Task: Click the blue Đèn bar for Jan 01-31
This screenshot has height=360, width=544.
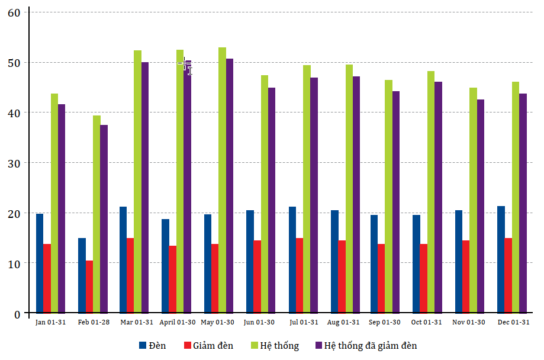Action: (40, 263)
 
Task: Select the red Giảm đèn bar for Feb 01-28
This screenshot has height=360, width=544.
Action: (89, 287)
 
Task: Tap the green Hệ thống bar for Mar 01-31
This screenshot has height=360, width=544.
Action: (137, 181)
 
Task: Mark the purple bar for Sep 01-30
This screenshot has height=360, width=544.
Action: (395, 201)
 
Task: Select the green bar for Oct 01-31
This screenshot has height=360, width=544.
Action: (431, 192)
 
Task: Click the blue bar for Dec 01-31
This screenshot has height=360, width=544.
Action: (501, 259)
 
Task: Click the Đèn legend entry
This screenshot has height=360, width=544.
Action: (153, 346)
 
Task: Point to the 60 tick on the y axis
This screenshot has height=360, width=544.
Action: (14, 12)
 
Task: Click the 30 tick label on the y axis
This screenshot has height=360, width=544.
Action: (14, 163)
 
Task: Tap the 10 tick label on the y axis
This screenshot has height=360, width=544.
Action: (14, 263)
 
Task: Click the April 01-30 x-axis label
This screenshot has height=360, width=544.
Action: (178, 322)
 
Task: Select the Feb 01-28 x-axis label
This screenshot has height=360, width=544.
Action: (94, 322)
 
